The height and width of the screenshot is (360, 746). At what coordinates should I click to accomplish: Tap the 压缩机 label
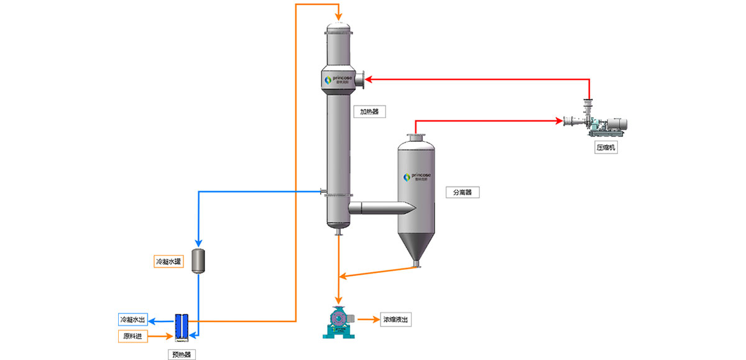point(606,148)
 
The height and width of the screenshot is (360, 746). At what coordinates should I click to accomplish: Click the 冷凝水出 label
point(132,320)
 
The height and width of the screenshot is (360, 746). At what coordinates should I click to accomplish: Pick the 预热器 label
point(182,354)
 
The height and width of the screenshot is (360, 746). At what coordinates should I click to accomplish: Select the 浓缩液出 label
point(396,320)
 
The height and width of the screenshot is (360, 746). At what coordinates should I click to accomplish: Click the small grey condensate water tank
point(198,261)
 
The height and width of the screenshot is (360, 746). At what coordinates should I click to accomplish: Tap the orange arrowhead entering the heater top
point(338,17)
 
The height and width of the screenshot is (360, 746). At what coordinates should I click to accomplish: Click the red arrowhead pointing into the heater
point(367,79)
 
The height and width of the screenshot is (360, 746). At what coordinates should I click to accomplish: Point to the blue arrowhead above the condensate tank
point(198,242)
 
